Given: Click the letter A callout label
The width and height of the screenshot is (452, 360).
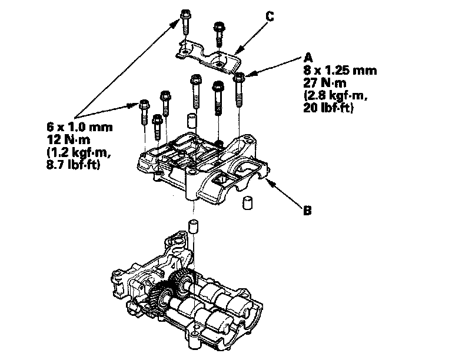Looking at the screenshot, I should [x=307, y=58].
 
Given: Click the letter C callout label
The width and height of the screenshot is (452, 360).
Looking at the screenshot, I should [x=269, y=17].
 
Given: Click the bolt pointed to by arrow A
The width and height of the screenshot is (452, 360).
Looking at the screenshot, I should [x=239, y=88].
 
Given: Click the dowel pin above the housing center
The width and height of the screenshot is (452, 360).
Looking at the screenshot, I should [x=190, y=122].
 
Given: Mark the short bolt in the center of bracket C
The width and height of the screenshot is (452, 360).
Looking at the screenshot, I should [x=220, y=32].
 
